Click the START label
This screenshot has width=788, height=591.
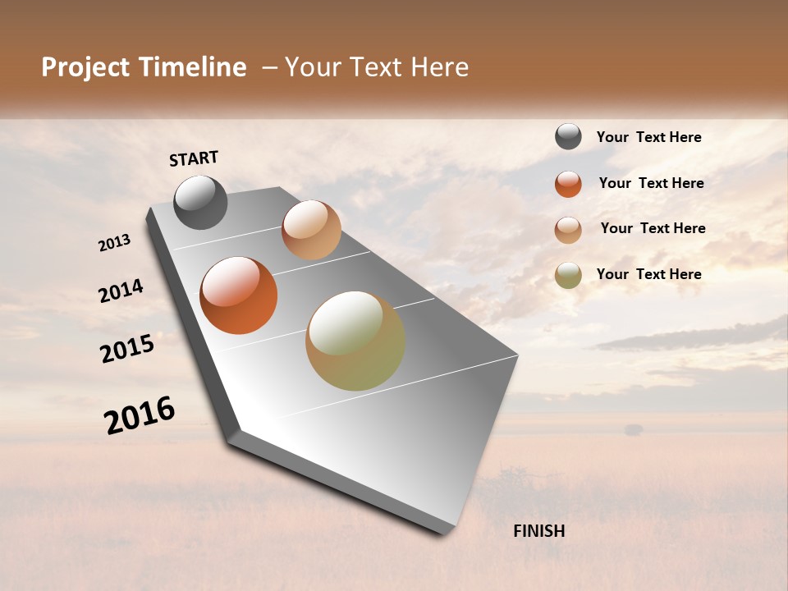(194, 158)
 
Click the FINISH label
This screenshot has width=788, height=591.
(538, 531)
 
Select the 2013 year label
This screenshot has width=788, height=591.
(115, 243)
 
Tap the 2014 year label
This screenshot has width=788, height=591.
(121, 291)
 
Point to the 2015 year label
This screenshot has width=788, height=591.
(127, 348)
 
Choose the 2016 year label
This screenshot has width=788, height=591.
(140, 415)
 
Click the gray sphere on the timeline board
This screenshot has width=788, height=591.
(200, 202)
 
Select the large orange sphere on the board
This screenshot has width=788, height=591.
(238, 295)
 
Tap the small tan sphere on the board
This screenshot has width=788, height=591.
(311, 230)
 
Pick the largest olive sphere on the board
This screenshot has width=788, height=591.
(355, 341)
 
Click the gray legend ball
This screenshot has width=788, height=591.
(568, 137)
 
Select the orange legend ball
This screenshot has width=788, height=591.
(568, 184)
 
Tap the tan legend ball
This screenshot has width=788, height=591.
(568, 229)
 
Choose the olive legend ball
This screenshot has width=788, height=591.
(568, 275)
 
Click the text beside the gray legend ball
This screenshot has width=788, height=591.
(648, 138)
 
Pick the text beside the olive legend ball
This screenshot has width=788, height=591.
(648, 274)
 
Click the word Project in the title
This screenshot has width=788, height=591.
(85, 67)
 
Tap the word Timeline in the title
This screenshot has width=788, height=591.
(194, 67)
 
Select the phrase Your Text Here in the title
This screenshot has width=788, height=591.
(377, 67)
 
